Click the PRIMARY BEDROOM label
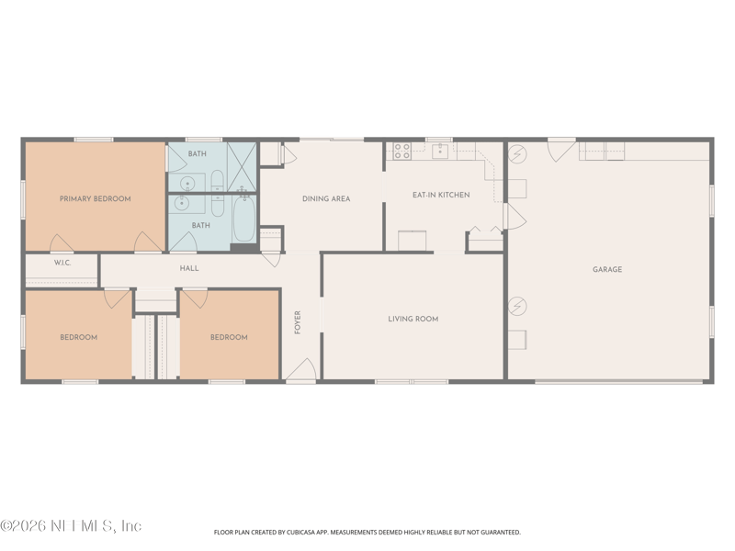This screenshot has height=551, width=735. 95,198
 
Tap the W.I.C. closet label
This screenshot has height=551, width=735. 62,263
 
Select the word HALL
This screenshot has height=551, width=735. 189,268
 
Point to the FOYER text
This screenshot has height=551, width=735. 298,322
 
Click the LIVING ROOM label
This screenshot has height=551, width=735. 413,319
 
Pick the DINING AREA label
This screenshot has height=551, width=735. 326,198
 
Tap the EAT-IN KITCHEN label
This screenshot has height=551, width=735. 441,195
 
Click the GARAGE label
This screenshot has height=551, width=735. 606,269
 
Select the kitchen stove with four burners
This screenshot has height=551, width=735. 401,151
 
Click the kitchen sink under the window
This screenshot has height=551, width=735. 440,151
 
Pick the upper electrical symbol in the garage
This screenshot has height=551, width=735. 517,153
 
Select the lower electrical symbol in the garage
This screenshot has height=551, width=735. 517,305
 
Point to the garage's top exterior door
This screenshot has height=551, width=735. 560,150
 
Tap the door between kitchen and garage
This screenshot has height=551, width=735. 514,218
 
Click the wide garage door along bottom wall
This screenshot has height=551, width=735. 620,380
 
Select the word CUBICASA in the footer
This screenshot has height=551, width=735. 333,532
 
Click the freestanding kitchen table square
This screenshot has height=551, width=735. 412,240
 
